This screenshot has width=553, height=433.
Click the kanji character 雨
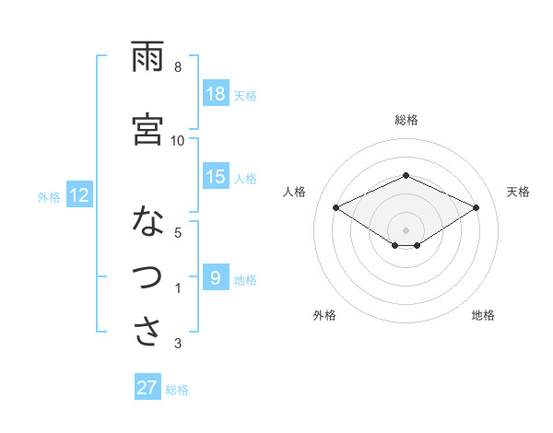click(147, 58)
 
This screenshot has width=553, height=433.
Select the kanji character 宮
click(147, 128)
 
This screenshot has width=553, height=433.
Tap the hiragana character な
click(147, 221)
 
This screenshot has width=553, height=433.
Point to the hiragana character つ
click(147, 277)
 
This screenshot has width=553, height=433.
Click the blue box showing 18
click(216, 94)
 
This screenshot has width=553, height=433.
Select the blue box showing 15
click(216, 177)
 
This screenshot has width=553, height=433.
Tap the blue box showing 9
click(216, 278)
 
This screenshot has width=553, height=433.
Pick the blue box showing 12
click(79, 195)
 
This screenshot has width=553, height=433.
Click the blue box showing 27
click(147, 388)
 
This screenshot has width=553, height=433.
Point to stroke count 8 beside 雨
click(178, 67)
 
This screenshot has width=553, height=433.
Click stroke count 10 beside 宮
click(178, 140)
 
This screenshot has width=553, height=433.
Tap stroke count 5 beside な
click(178, 232)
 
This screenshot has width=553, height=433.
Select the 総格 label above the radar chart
click(406, 120)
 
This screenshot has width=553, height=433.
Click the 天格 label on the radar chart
click(519, 192)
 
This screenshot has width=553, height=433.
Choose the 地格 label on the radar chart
click(483, 315)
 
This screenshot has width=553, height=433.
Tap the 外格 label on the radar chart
click(324, 315)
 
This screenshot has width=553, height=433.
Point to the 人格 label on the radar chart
click(295, 192)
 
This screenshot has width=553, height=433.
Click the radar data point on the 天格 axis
click(477, 207)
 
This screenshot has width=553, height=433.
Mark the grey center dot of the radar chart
click(406, 228)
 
